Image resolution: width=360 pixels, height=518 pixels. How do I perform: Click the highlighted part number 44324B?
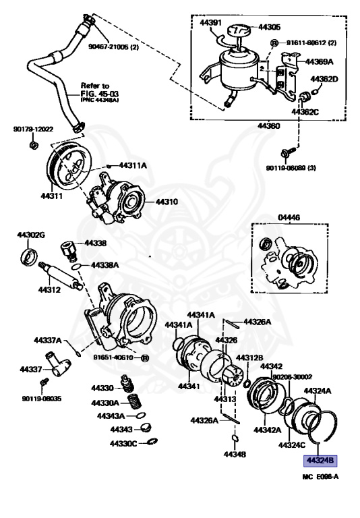pos(320,461)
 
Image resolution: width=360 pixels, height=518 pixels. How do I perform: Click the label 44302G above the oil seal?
pos(31,235)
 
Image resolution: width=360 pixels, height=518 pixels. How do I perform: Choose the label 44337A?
pos(48,340)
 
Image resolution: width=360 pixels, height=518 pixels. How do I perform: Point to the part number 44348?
pos(235,453)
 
